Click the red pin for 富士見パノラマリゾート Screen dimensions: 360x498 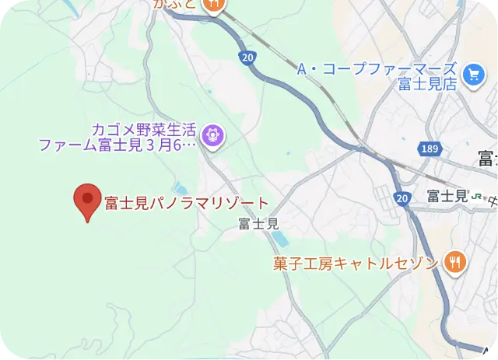pos(86,201)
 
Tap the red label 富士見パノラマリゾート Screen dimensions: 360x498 pos(186,204)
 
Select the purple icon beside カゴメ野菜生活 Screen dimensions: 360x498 pos(212,137)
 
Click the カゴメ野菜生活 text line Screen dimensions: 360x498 pos(145,129)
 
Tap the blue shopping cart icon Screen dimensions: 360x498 pos(472,75)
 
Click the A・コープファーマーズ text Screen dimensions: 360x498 pos(377,69)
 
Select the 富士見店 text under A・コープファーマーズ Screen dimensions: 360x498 pos(426,85)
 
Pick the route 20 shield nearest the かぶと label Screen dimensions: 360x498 pos(247,58)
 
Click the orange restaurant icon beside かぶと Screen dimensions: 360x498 pos(213,4)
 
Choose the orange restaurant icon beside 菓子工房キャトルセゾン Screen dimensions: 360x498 pos(454,263)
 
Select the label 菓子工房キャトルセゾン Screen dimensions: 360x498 pos(356,264)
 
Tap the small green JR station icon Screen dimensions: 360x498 pos(476,197)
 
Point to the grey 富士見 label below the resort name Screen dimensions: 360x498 pos(258,224)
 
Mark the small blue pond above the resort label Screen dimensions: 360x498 pos(181,188)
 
